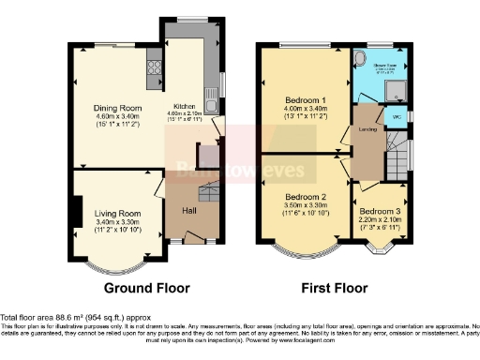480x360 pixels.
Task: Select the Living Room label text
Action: coord(117,214)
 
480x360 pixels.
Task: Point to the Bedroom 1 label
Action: coord(304,100)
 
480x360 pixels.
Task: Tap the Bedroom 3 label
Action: coord(380,213)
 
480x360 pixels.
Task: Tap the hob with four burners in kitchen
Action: coord(154,67)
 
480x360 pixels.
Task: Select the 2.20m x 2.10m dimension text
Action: coord(381,222)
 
